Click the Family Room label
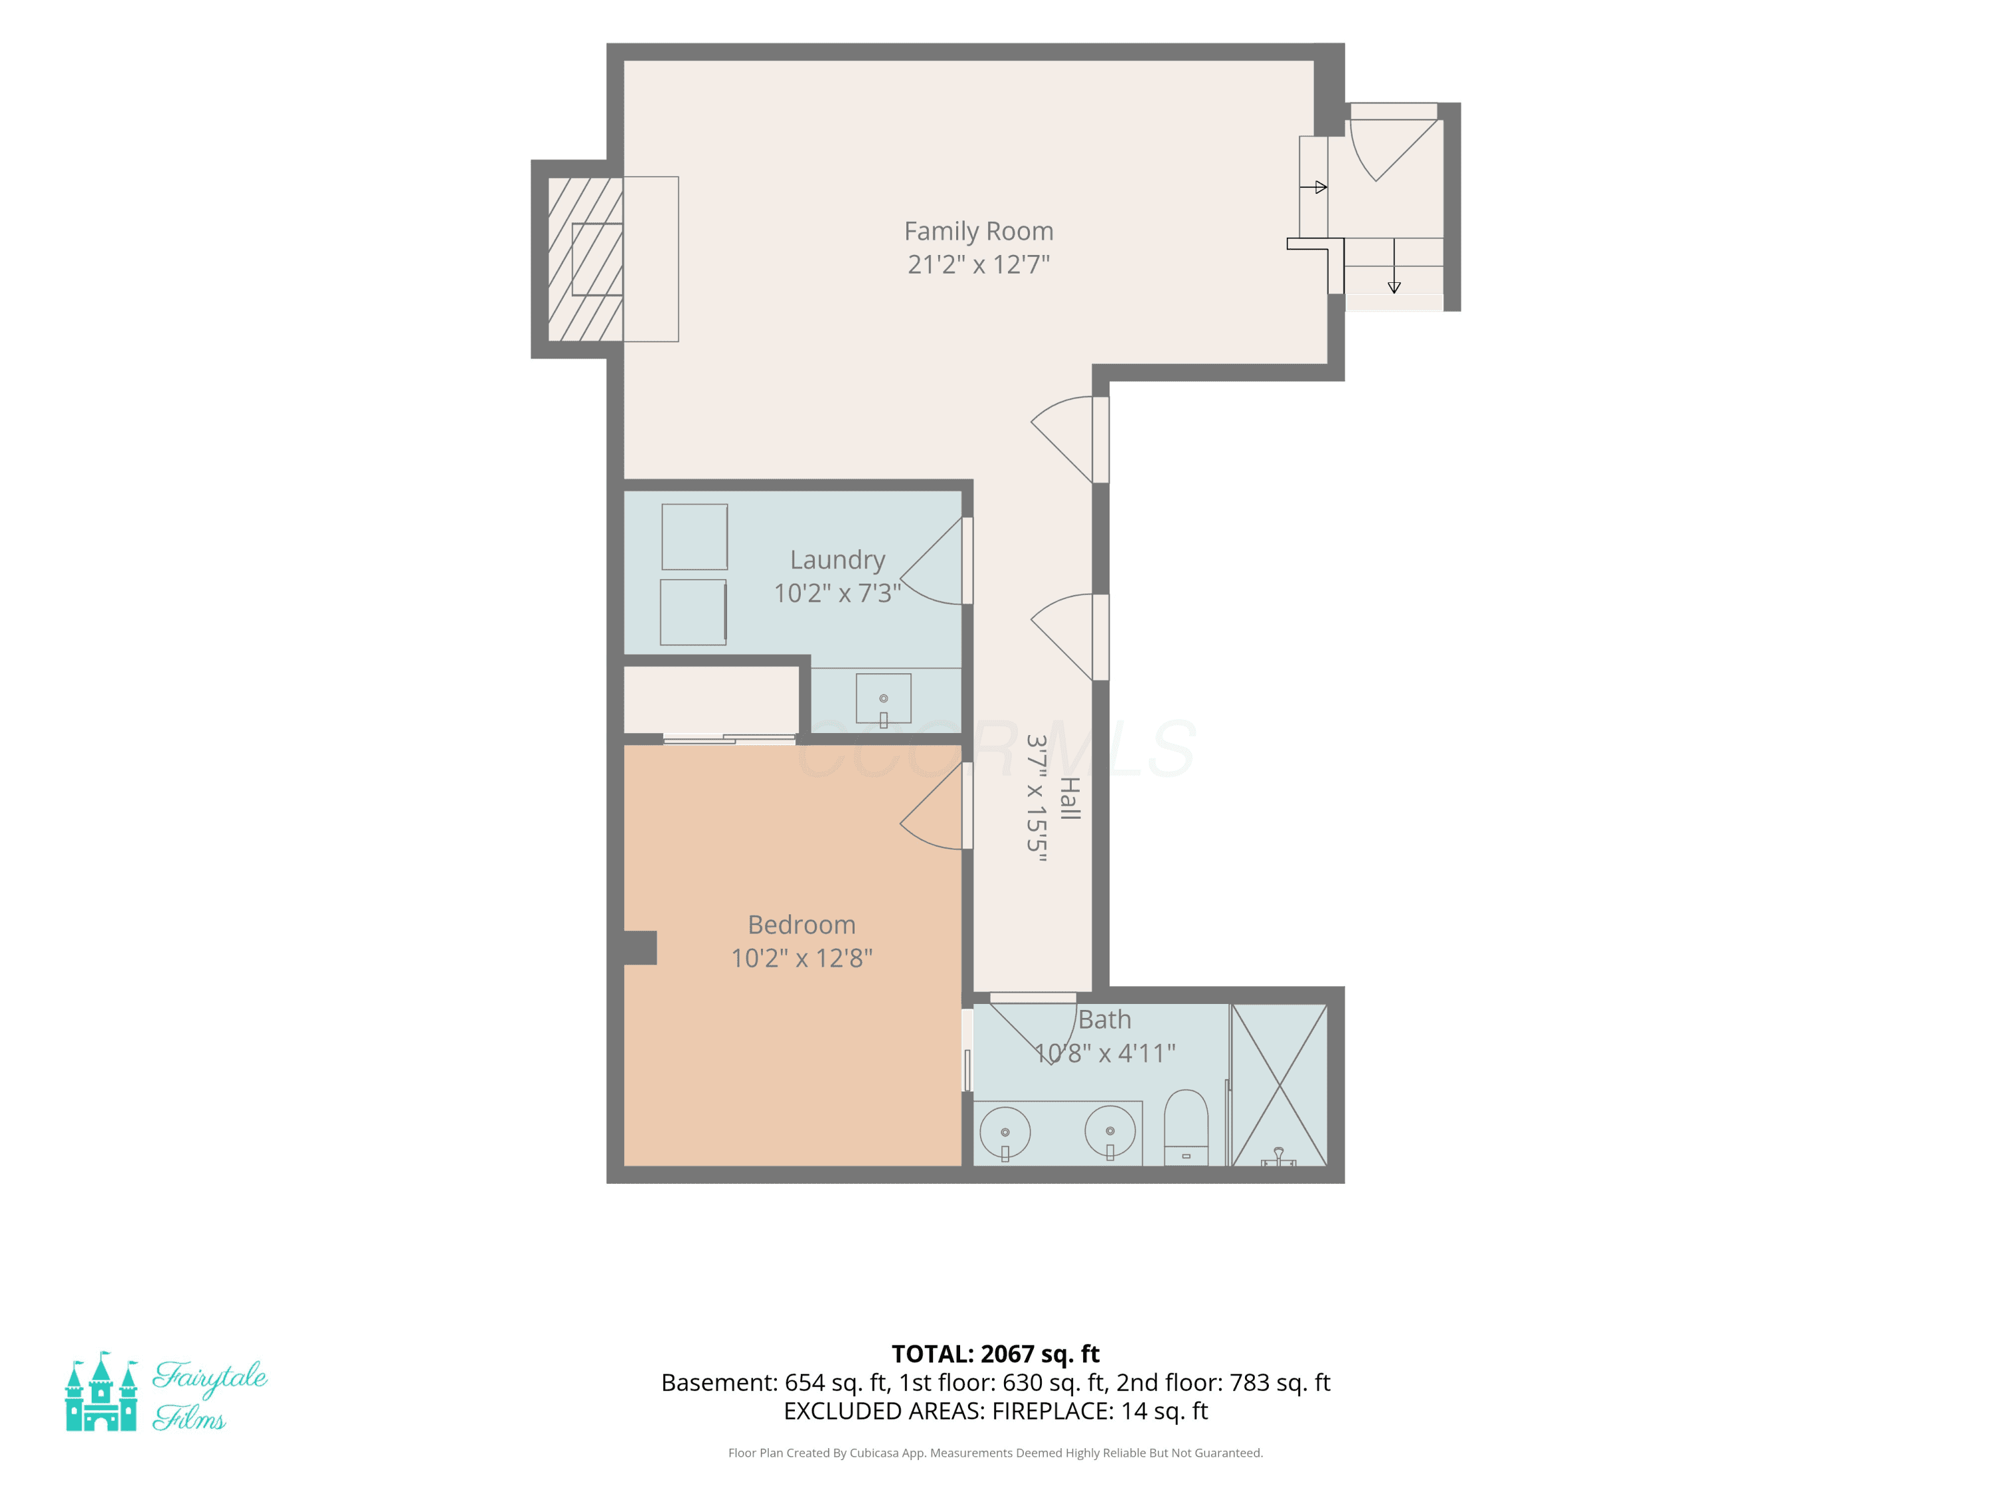pos(979,232)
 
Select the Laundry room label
pos(837,560)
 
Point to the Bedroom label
pos(801,925)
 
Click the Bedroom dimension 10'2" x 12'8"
pos(801,958)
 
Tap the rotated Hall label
pos(1069,799)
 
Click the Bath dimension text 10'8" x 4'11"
pos(1105,1052)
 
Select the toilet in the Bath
pos(1186,1127)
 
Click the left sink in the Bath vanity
pos(1005,1133)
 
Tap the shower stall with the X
pos(1279,1085)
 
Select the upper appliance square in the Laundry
pos(695,537)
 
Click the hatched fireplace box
pos(586,260)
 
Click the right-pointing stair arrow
pos(1314,187)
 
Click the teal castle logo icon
pos(101,1390)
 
